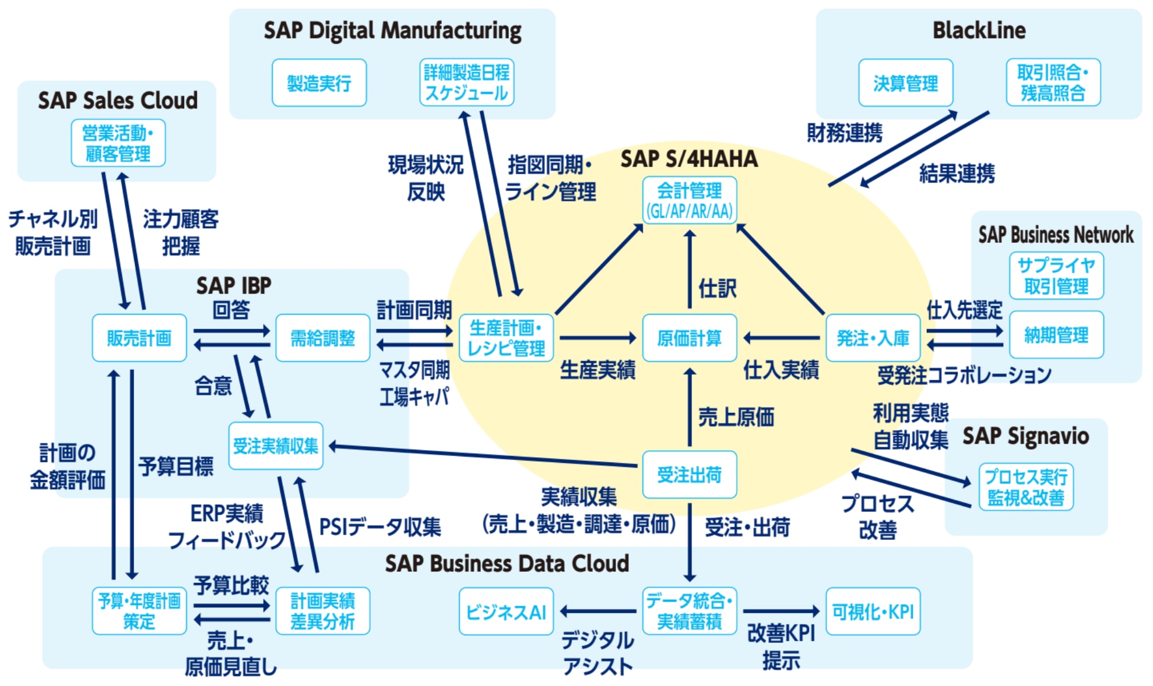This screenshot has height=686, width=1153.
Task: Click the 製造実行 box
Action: point(319,83)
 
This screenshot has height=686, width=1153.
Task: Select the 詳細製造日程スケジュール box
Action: point(466,83)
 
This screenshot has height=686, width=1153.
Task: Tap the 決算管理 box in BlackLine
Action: point(905,83)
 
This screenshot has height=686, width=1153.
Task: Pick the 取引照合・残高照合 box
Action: point(1053,83)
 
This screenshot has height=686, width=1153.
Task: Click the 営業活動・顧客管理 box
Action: point(118,143)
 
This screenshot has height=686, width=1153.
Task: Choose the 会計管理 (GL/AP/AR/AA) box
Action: point(689,200)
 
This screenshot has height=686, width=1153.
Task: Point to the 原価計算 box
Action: point(689,338)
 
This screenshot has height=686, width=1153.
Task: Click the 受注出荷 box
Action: point(689,475)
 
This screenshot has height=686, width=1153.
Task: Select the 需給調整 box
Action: point(322,338)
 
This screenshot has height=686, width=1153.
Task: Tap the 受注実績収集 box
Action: point(276,446)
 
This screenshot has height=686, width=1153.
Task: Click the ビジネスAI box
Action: point(506,611)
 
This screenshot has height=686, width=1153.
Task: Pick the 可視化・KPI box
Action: point(873,611)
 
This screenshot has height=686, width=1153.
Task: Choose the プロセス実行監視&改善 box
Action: point(1025,487)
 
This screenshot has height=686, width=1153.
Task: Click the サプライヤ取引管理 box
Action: point(1056,276)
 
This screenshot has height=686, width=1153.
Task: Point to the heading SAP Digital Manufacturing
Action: point(392,30)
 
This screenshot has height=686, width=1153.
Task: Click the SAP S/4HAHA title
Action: point(689,159)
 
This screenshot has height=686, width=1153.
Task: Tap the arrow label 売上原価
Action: point(736,417)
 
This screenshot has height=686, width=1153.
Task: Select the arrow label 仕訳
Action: point(718,288)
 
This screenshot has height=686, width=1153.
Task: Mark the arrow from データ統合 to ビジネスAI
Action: point(598,611)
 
